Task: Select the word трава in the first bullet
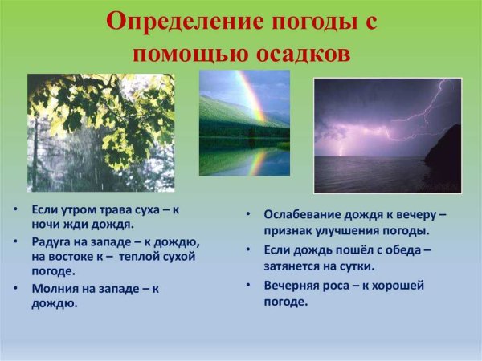coord(116,209)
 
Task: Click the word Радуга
coord(53,241)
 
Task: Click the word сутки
coord(357,266)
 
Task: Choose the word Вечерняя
coord(292,285)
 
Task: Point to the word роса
coord(340,285)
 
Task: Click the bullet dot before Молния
coord(16,287)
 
